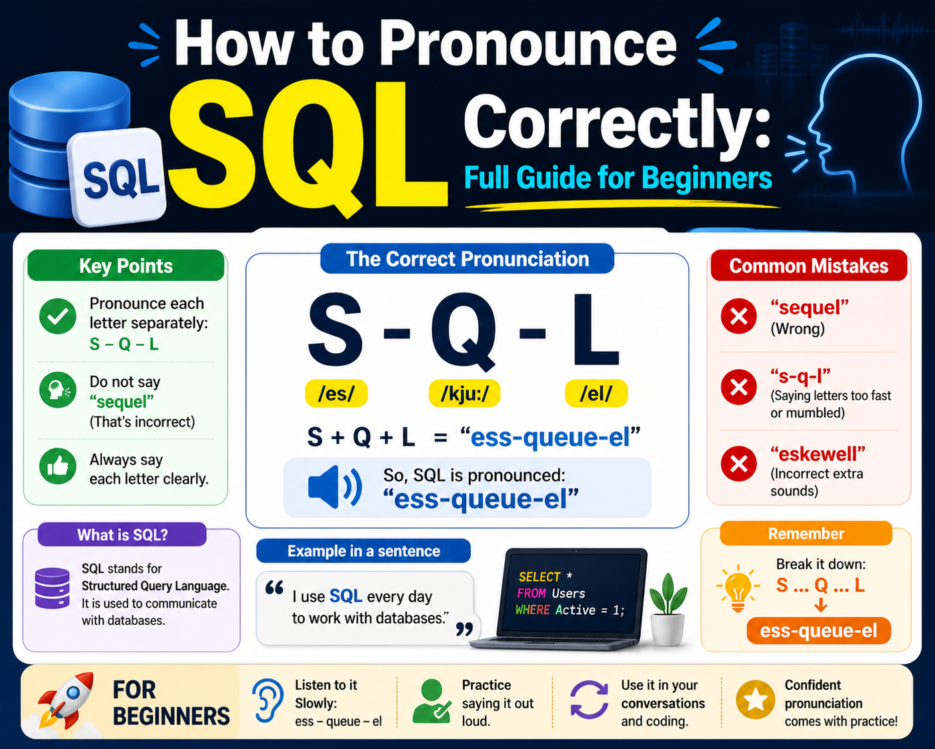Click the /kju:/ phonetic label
[464, 393]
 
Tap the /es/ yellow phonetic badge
[336, 393]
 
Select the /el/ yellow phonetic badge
[596, 393]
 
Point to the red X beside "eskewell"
[739, 464]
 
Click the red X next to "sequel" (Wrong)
[739, 316]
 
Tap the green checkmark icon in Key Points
[58, 316]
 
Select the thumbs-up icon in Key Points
[58, 466]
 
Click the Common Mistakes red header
[809, 265]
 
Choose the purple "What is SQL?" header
[122, 535]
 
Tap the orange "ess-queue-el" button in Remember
[819, 631]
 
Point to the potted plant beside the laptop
[668, 609]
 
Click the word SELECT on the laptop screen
[539, 577]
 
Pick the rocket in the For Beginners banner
[66, 701]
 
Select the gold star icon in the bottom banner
[756, 700]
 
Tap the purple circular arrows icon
[589, 700]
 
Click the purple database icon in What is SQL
[52, 588]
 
